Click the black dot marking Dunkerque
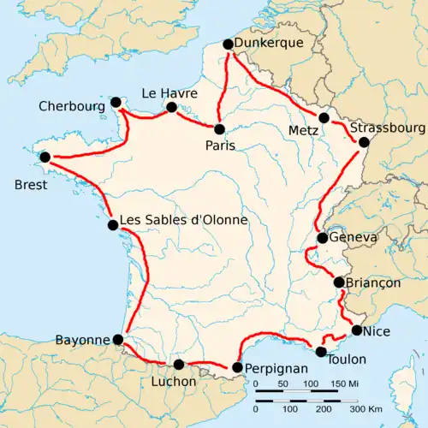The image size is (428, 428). point(228,45)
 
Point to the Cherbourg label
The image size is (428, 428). point(71,107)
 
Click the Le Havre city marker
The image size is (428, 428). point(171,107)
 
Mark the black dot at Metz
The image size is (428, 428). point(324,118)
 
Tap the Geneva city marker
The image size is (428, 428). point(322,238)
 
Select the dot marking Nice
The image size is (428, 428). point(357,330)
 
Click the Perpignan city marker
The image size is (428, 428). point(237,368)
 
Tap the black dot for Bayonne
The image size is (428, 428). point(118,340)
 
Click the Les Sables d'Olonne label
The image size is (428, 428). point(184,220)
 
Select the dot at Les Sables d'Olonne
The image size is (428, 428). point(113,226)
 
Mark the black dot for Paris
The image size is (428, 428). point(220,129)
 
